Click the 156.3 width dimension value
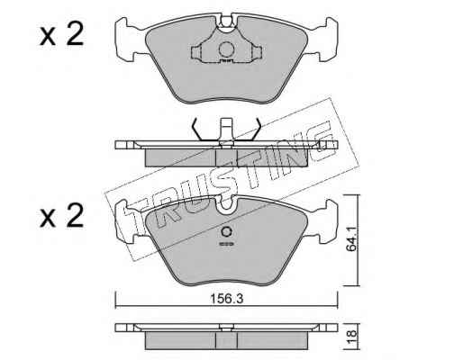click(226, 299)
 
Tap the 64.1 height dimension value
click(351, 239)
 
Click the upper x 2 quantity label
click(61, 35)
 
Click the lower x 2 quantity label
click(61, 216)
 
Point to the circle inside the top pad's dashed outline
click(226, 49)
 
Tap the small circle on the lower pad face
click(226, 232)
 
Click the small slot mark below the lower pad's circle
click(226, 244)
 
